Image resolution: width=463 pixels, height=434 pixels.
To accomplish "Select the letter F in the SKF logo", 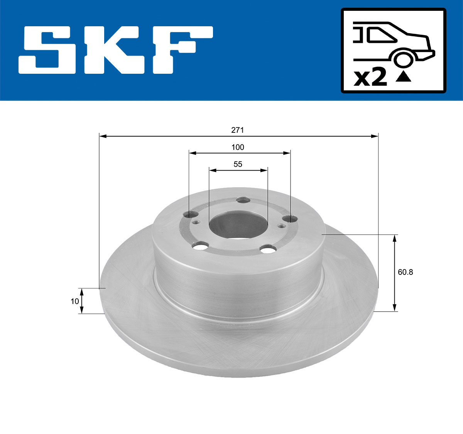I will [x=181, y=50].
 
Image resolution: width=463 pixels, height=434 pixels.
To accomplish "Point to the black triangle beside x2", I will [x=404, y=77].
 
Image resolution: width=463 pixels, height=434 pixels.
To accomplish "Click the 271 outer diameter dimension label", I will [x=237, y=130].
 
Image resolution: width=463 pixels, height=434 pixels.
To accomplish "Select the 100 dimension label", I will [x=238, y=147].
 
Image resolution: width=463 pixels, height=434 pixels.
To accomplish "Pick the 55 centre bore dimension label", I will [x=238, y=164].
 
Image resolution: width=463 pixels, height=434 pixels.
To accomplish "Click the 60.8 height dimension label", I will [x=405, y=272].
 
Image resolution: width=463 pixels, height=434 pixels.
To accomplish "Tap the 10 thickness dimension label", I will [x=74, y=301].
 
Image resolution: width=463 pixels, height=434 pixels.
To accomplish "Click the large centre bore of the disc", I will [x=238, y=225].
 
